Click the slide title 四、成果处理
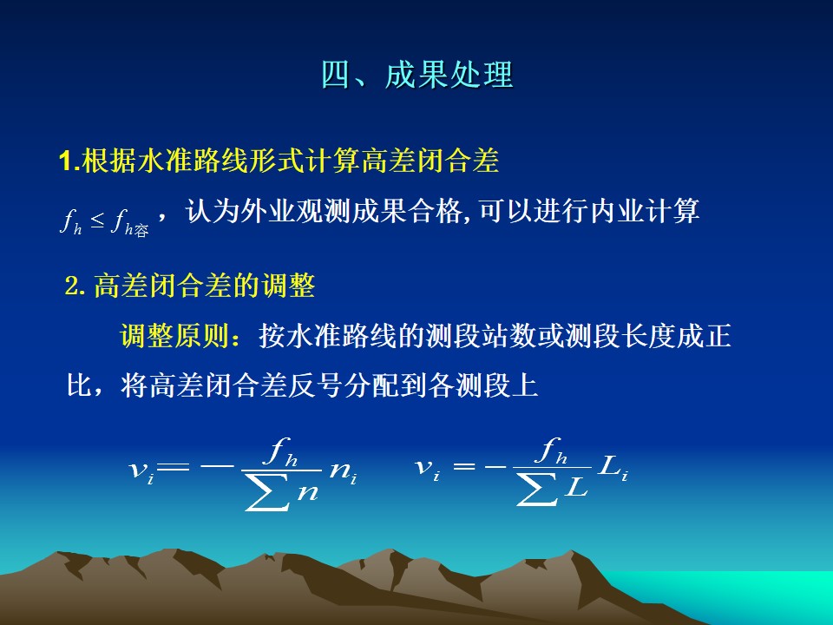[417, 75]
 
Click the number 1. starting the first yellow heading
[69, 161]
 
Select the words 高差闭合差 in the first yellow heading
[431, 160]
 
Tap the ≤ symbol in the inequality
[96, 220]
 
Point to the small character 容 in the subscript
[141, 231]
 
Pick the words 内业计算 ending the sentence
[645, 211]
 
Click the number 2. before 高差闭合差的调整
[75, 286]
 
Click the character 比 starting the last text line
[80, 385]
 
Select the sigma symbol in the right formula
[538, 490]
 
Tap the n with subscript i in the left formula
[344, 471]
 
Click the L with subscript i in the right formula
[613, 468]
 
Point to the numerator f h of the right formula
[552, 451]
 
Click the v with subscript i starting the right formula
[427, 469]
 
